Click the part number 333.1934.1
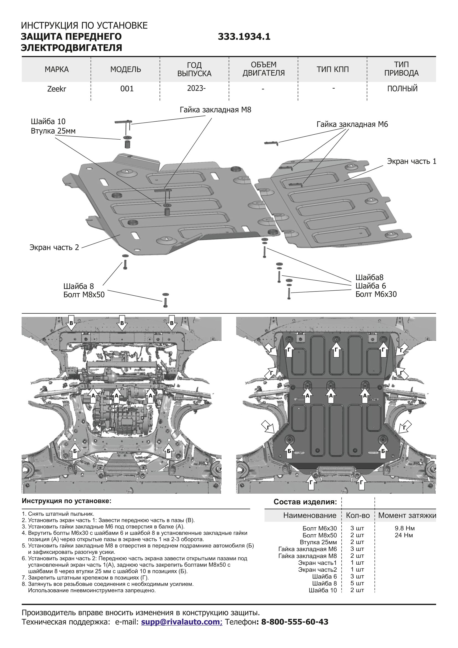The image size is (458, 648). [x=244, y=37]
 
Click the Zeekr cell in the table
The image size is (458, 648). [x=57, y=89]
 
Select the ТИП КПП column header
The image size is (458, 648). [x=333, y=70]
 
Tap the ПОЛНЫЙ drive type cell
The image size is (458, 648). [x=402, y=89]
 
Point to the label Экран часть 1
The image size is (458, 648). [x=411, y=161]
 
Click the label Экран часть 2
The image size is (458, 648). [x=54, y=247]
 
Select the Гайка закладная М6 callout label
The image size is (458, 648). [x=352, y=124]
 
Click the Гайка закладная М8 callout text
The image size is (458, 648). [x=215, y=110]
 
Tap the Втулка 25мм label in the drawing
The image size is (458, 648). [x=53, y=131]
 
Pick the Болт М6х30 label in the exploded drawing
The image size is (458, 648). [x=376, y=294]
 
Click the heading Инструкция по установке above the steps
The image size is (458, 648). [x=66, y=501]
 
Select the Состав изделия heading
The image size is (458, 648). [x=305, y=502]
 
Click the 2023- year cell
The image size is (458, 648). [x=196, y=89]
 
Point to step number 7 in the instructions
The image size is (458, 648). [x=24, y=578]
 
